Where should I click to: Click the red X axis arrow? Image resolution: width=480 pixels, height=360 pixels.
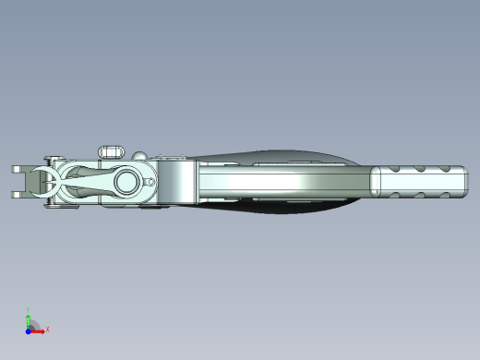coord(38,329)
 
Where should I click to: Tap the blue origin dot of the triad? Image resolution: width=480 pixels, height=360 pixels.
coord(29,329)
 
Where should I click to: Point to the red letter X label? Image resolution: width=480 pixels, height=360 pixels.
coord(46,328)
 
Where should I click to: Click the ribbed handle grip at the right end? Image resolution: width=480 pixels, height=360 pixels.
coord(420,181)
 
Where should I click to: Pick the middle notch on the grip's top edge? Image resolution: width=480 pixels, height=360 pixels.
coord(419,167)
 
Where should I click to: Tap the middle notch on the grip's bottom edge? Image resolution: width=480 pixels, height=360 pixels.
coord(419,196)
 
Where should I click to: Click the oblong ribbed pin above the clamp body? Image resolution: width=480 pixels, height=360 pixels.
coord(112,150)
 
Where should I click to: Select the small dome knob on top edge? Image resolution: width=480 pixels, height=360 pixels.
coord(139,154)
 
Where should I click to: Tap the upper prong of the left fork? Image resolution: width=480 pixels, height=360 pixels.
coord(19,169)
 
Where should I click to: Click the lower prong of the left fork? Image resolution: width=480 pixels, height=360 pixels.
coord(19,195)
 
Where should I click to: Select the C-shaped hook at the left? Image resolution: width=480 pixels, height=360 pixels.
coord(42,181)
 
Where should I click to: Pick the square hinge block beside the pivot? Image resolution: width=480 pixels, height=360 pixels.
coord(175,181)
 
